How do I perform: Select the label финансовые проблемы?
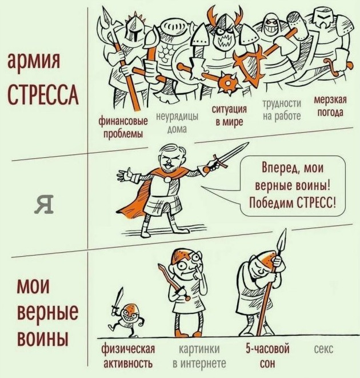click(123, 128)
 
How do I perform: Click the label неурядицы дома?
click(177, 123)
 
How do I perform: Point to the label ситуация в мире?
click(229, 116)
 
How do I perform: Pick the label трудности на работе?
click(282, 110)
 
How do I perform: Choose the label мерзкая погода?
click(330, 106)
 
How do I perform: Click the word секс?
click(323, 349)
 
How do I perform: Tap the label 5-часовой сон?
click(267, 356)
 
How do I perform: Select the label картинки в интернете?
click(199, 356)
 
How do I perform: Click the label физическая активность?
click(128, 356)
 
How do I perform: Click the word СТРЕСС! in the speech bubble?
click(316, 203)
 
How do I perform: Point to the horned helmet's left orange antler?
click(213, 16)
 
